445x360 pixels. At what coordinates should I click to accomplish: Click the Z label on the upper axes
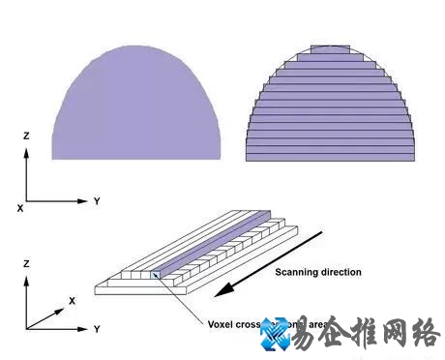(26, 137)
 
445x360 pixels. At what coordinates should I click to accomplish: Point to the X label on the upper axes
(19, 207)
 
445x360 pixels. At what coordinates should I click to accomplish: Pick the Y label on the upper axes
(97, 200)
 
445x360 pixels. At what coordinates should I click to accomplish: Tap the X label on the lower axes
(72, 301)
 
